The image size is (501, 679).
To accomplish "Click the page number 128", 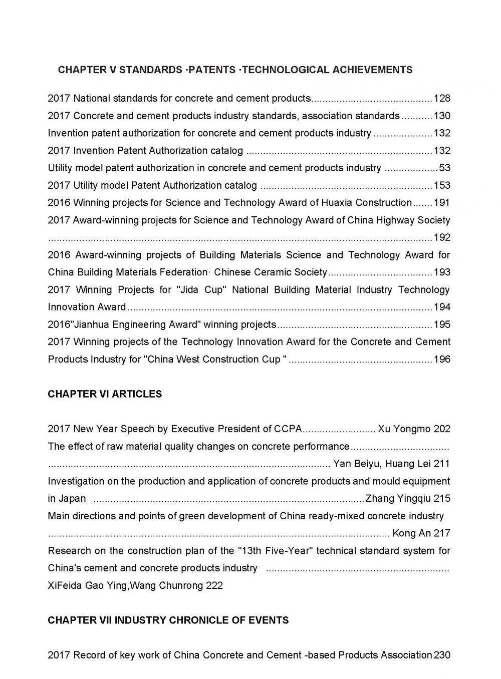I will point(441,99).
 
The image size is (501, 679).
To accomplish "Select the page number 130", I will point(441,116).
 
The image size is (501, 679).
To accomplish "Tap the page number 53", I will point(444,168).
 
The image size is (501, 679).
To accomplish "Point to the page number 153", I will point(441,186).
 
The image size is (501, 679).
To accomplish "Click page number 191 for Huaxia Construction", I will point(441,203).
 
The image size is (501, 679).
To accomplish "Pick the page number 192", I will point(441,238).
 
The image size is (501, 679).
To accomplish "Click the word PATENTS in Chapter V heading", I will point(211,70).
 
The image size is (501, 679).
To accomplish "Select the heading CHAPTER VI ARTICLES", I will point(105,394).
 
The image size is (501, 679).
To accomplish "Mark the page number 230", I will point(442,655).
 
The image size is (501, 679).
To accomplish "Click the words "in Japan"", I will point(67,499).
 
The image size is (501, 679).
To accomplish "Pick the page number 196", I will point(441,360).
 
